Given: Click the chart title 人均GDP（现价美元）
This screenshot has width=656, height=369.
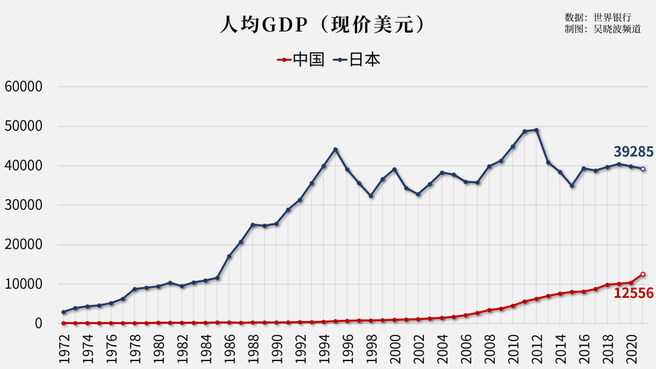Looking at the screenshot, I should [x=322, y=25].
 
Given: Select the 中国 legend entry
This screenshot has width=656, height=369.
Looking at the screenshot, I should [x=301, y=59].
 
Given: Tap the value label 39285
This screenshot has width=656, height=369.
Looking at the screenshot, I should [x=633, y=152].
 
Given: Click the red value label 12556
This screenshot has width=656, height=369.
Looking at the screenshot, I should [x=633, y=294].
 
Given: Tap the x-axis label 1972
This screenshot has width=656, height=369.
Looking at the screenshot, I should [x=64, y=349].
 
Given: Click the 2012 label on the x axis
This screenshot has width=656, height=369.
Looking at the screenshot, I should [x=536, y=349].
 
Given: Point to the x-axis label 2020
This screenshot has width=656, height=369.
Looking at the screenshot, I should [x=631, y=349].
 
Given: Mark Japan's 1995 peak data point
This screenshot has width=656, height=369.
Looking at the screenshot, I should [x=335, y=149].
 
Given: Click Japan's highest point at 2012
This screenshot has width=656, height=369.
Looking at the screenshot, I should [x=536, y=130].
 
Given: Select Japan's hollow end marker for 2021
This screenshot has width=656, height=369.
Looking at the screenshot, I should [x=643, y=169].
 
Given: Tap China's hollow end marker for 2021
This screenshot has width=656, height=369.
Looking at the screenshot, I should [x=643, y=274].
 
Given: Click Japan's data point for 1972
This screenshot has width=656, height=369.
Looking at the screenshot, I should [x=64, y=312].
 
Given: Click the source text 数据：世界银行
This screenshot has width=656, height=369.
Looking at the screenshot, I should [x=598, y=17].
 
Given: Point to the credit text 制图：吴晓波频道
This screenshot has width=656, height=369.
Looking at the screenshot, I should [x=603, y=29].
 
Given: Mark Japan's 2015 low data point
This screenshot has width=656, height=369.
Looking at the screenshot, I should [x=572, y=186].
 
